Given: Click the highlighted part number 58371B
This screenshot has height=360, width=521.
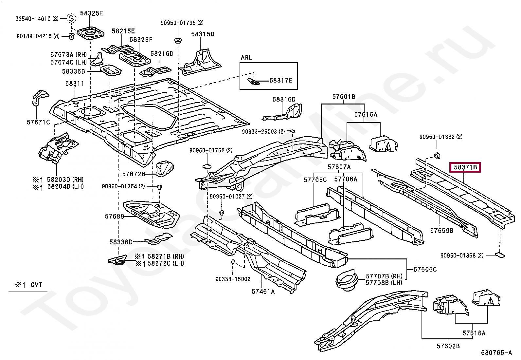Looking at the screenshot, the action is [465, 167].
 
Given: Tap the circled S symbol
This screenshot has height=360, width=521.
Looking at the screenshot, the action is [71, 18].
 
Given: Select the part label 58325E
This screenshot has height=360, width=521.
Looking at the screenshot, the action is [91, 13].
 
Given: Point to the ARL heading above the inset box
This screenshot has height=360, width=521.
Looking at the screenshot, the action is [246, 57].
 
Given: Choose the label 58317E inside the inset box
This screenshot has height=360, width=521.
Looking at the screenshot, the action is [281, 81].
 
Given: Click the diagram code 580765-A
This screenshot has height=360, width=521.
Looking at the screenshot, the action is [496, 353].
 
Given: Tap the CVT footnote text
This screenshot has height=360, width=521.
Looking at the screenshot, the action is [36, 285].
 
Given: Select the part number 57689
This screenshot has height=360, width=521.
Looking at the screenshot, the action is [115, 216].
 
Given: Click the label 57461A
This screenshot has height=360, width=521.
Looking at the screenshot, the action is [263, 292].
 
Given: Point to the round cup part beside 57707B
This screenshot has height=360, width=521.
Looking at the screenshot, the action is [347, 282].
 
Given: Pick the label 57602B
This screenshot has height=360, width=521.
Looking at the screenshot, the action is [448, 346].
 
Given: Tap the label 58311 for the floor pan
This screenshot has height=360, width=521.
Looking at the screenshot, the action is [74, 83].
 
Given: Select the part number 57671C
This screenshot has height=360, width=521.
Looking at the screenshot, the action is [38, 122].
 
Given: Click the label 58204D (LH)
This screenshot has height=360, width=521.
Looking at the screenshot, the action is [65, 186].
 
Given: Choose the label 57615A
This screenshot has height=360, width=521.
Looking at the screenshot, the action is [366, 114].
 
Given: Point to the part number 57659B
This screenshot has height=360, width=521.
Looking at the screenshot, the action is [442, 231].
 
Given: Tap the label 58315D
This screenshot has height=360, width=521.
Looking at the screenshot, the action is [203, 34].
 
